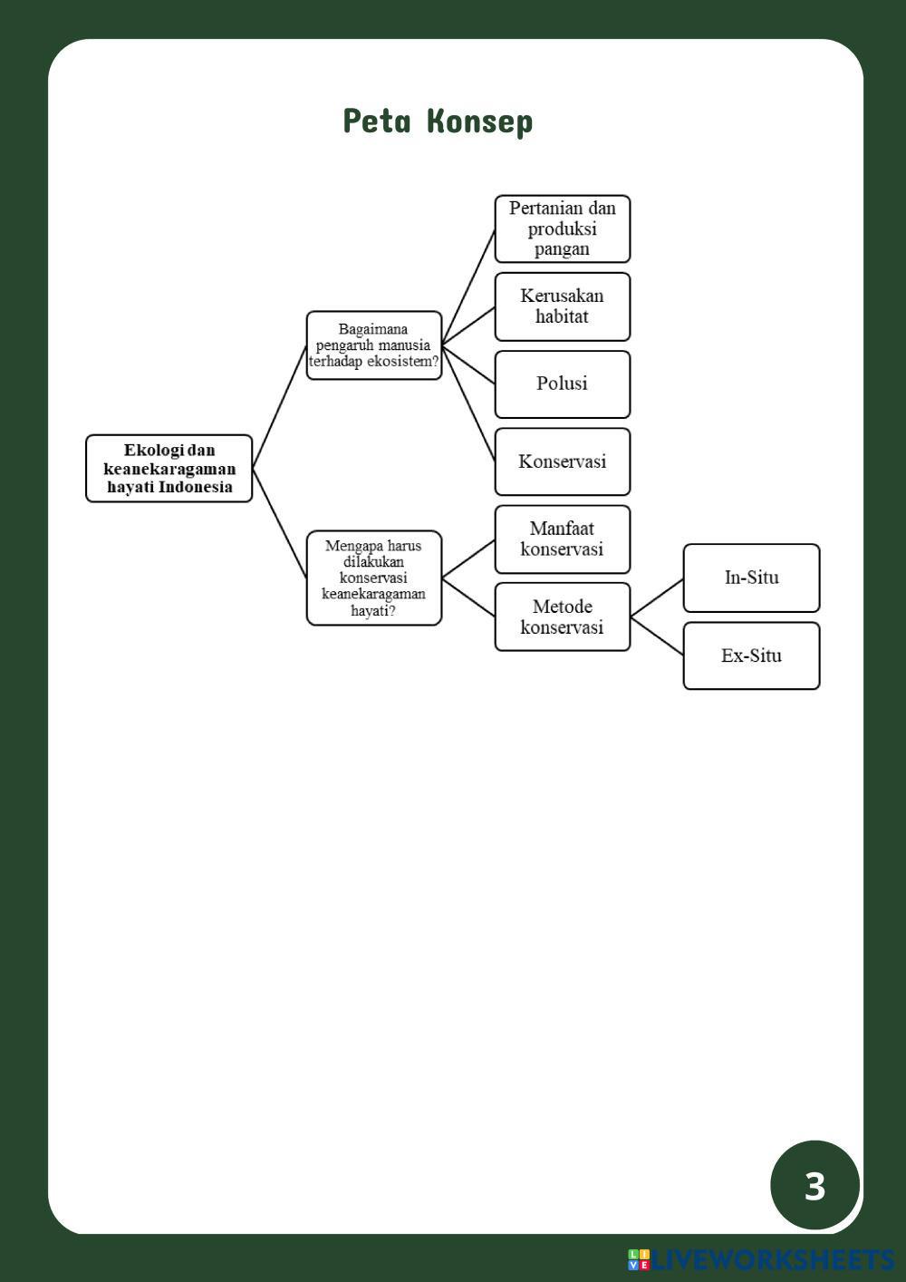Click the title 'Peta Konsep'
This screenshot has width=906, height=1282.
click(x=438, y=121)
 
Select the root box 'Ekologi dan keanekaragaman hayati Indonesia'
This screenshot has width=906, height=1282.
click(x=169, y=469)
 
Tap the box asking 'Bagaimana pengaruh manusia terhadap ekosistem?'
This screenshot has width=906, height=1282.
click(x=373, y=345)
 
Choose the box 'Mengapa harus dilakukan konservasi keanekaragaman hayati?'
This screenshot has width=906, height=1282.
click(x=373, y=578)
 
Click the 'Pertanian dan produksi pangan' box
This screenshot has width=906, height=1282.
click(x=562, y=228)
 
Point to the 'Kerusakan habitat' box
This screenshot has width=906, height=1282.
click(x=562, y=306)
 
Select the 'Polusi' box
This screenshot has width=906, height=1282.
click(x=562, y=384)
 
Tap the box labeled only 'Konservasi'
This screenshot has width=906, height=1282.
click(x=562, y=461)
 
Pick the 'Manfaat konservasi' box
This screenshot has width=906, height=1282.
click(x=562, y=539)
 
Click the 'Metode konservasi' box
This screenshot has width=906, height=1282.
click(x=562, y=617)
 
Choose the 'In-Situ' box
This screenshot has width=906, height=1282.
click(x=751, y=578)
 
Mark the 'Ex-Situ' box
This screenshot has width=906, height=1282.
click(x=751, y=656)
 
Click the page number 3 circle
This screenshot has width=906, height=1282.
click(x=814, y=1185)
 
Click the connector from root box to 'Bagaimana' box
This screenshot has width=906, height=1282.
click(x=280, y=406)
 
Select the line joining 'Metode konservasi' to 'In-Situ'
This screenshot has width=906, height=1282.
click(x=657, y=597)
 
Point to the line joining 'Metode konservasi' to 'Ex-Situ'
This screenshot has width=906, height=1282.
click(x=657, y=636)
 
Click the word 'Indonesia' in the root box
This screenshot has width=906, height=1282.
click(x=196, y=487)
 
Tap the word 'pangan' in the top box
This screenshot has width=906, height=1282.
click(x=562, y=248)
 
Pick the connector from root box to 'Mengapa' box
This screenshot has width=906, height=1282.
click(x=280, y=523)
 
